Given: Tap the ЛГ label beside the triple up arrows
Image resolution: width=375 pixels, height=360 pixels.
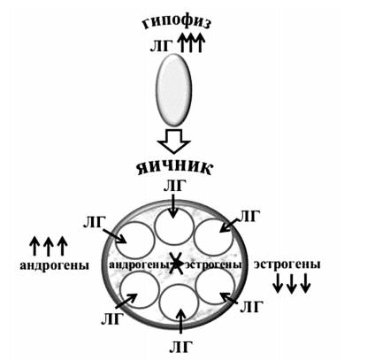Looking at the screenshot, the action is [161, 46].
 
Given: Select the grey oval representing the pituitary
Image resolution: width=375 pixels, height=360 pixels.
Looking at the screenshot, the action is [173, 90].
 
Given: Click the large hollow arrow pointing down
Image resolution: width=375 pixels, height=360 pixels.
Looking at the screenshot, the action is [173, 141].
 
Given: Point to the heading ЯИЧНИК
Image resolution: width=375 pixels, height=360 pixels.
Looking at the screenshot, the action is [174, 167].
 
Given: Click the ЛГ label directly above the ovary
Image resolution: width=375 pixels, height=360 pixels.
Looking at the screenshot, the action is [175, 186].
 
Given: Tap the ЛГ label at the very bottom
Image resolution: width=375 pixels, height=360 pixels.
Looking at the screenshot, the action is [181, 347].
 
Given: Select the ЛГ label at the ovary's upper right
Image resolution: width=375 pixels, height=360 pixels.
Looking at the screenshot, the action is [249, 217].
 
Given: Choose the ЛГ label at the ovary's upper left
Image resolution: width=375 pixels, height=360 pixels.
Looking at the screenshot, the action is [94, 223].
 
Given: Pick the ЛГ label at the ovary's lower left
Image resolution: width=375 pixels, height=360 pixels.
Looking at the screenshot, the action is [112, 319].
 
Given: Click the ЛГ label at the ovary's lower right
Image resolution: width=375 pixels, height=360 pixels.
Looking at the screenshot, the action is [251, 308].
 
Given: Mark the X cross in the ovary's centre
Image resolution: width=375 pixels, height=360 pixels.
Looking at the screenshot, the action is [176, 264].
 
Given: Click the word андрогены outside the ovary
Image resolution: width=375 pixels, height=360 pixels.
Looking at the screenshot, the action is [54, 265].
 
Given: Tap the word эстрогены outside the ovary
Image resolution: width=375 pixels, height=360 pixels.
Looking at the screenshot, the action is [287, 264].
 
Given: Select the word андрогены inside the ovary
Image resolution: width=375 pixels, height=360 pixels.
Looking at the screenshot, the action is [140, 264].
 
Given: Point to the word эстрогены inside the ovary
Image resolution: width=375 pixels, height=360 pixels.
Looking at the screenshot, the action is [213, 264].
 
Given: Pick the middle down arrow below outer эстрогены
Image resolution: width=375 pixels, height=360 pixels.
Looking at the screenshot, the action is [292, 283].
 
